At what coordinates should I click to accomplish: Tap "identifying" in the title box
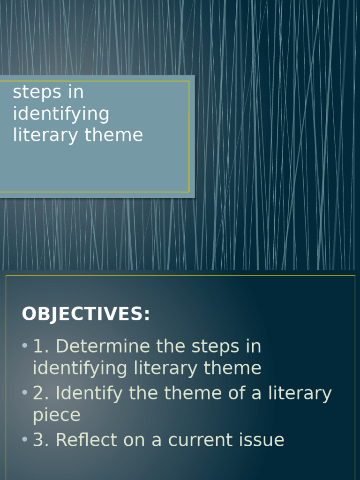[x=61, y=114]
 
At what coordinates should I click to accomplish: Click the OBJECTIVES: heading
[x=86, y=315]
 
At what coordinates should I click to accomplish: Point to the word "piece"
[x=57, y=416]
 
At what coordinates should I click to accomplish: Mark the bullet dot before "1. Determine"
[x=25, y=346]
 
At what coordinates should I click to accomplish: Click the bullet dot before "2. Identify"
[x=25, y=393]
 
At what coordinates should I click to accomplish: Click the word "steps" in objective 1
[x=213, y=347]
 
